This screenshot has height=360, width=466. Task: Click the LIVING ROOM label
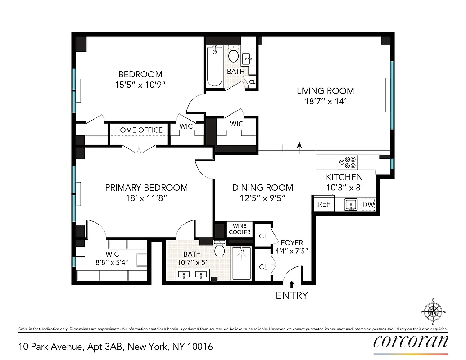(x=325, y=91)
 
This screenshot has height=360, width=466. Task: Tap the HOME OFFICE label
(x=139, y=130)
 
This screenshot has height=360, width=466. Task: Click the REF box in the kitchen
(x=324, y=204)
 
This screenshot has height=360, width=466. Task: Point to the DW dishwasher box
(x=368, y=205)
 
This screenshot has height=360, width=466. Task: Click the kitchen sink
(x=351, y=205)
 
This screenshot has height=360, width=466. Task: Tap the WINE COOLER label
(x=240, y=229)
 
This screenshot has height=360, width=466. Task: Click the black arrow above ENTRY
(x=292, y=284)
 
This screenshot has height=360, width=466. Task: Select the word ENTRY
(x=292, y=295)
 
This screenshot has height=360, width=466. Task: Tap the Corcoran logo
(x=411, y=341)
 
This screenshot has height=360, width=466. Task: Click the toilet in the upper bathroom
(x=233, y=55)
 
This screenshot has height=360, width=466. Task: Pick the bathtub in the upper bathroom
(x=214, y=67)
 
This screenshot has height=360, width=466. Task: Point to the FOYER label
(x=292, y=243)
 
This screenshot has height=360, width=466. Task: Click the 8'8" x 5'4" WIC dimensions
(x=112, y=263)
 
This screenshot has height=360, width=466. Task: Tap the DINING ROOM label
(x=262, y=188)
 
